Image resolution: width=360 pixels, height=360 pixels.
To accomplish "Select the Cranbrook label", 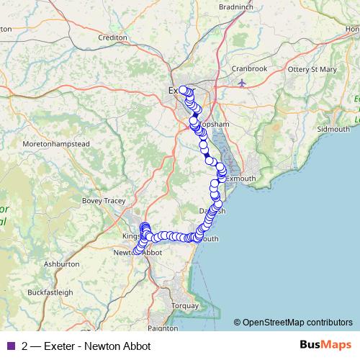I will [271, 68].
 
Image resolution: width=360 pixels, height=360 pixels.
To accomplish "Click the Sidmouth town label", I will [333, 129].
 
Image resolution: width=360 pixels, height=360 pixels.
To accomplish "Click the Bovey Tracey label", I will [104, 201].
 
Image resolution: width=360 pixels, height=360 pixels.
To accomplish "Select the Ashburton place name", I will [61, 264].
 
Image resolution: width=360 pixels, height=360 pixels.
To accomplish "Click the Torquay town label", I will [185, 305].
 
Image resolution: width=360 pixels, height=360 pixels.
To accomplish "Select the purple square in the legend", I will [9, 346].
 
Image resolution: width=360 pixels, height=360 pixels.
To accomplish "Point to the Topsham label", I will [215, 125].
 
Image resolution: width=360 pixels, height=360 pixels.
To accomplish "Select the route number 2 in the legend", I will [24, 346].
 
